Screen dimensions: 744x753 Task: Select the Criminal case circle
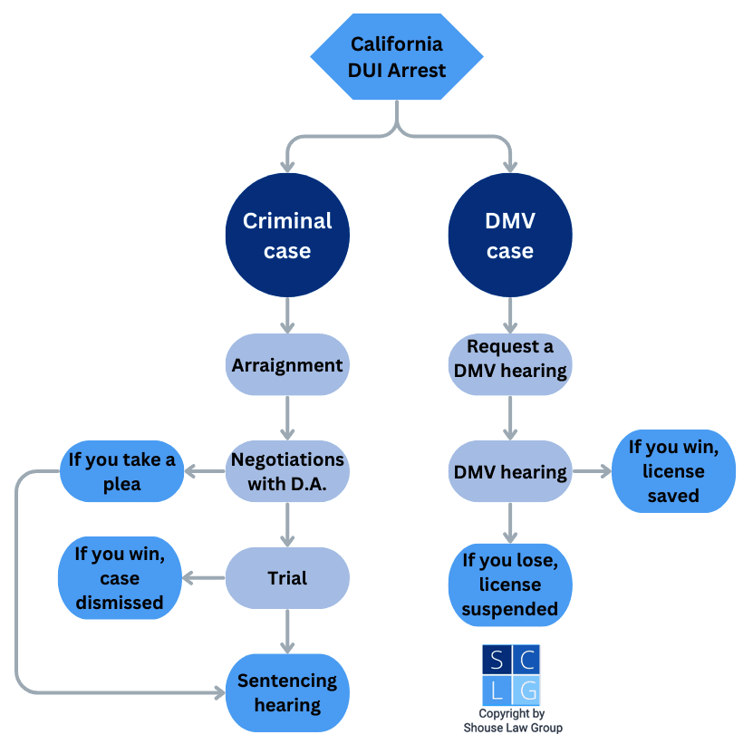point(287,236)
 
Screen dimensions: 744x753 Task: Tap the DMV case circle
point(510,236)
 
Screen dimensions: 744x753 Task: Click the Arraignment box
point(287,365)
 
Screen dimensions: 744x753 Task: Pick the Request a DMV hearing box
point(510,359)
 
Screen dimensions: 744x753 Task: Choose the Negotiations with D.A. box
point(287,471)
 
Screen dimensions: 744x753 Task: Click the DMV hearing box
point(510,472)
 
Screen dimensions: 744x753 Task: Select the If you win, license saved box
point(673,471)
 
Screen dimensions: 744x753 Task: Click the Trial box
point(287,578)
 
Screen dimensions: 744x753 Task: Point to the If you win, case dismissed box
point(120,578)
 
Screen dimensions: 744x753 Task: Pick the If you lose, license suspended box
point(510,585)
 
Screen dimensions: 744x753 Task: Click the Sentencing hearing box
point(287,692)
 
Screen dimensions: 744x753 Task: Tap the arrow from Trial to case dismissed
point(203,578)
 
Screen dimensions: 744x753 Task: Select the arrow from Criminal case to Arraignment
point(287,315)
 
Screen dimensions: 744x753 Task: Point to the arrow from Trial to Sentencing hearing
point(287,631)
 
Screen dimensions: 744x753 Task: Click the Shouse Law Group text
point(511,727)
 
